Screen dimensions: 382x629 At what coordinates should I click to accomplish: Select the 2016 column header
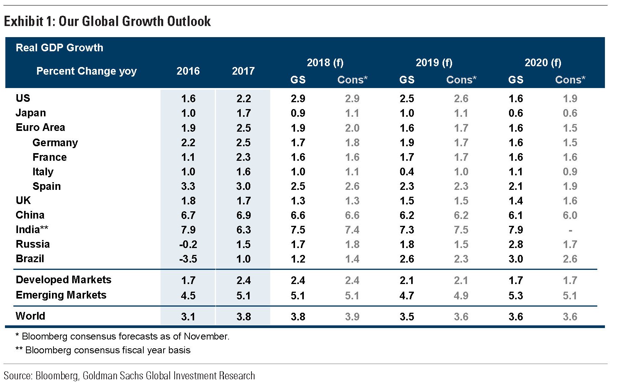(188, 71)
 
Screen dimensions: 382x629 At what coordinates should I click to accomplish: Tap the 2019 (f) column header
(434, 62)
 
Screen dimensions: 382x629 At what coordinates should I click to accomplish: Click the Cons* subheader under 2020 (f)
(570, 80)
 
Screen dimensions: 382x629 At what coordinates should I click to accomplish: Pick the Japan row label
(31, 113)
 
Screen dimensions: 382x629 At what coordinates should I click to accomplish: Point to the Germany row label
(55, 143)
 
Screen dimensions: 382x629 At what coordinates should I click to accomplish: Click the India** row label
(32, 230)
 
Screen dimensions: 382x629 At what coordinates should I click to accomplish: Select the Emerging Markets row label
(61, 295)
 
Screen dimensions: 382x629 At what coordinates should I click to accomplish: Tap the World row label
(30, 316)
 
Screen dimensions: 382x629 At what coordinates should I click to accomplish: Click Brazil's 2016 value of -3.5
(188, 259)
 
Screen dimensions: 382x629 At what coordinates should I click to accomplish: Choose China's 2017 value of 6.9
(243, 215)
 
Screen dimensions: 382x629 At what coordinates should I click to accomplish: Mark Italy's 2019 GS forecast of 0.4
(407, 172)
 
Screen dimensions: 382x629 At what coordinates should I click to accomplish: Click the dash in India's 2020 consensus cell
(570, 230)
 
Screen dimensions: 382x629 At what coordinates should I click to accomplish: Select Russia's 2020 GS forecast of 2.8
(516, 245)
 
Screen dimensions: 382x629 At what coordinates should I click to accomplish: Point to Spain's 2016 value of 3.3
(188, 186)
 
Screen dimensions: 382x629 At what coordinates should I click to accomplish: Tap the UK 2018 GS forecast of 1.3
(298, 201)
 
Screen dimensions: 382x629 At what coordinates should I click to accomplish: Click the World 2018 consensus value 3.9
(352, 317)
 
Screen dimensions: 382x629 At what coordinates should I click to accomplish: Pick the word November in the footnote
(206, 336)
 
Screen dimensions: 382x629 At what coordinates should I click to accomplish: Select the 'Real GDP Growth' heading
(59, 48)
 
